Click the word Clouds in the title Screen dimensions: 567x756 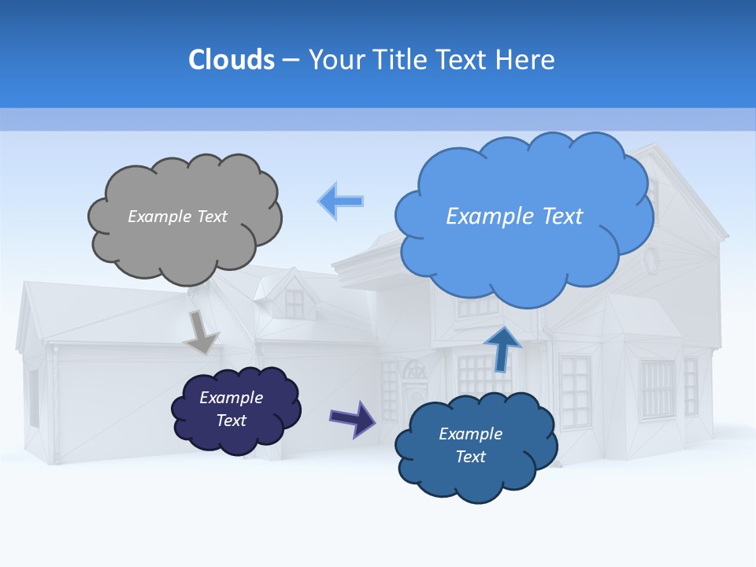(x=232, y=60)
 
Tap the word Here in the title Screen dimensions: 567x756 (x=526, y=60)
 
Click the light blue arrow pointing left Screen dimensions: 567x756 (x=340, y=201)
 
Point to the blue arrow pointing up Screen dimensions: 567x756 (x=502, y=349)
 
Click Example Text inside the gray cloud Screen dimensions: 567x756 (x=177, y=217)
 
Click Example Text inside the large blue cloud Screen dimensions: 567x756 (x=514, y=217)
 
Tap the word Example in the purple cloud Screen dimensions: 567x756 (x=231, y=398)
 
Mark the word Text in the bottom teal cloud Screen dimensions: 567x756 (x=470, y=457)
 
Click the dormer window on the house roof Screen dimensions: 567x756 (x=294, y=299)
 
